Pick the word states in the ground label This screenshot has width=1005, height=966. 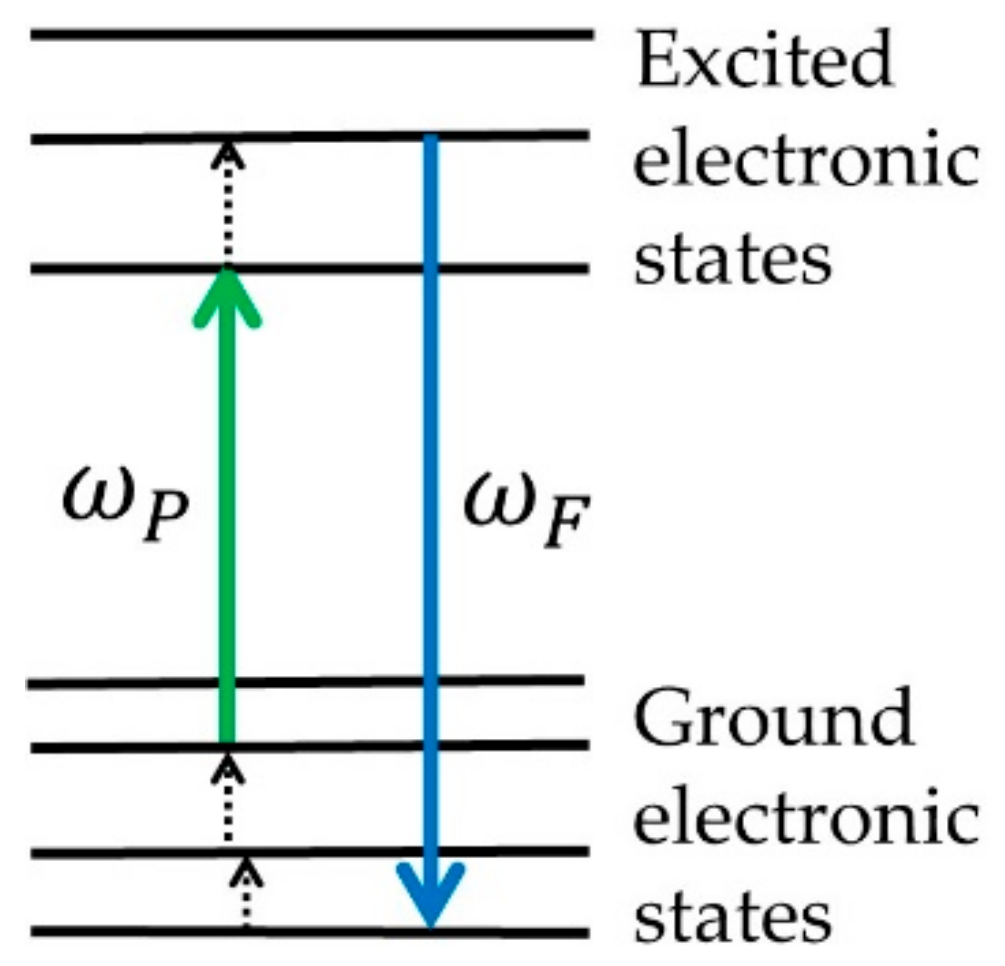(x=733, y=913)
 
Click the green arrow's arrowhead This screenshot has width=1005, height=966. (x=227, y=295)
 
